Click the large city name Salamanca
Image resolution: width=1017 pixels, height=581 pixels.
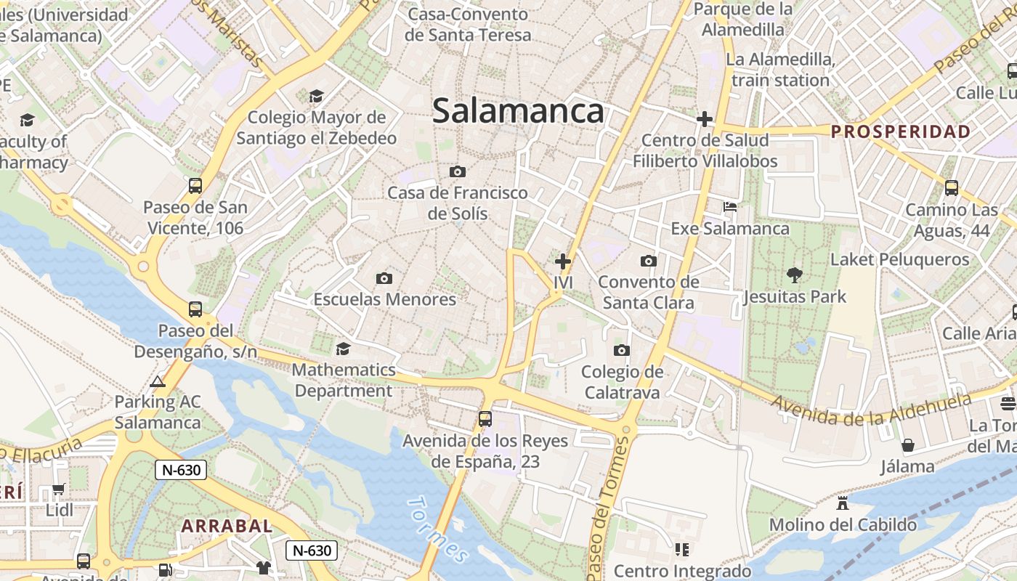tap(518, 111)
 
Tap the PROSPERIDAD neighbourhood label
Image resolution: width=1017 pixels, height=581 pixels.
tap(901, 131)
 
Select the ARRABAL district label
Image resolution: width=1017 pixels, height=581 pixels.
tap(227, 526)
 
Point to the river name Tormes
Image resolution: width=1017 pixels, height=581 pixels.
tap(437, 529)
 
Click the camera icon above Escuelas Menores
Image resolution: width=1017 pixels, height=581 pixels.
tap(384, 278)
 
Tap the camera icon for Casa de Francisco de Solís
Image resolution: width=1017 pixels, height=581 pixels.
tap(457, 172)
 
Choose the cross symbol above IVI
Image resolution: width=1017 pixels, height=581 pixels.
tap(563, 261)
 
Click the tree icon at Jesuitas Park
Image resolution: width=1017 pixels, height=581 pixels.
tap(794, 275)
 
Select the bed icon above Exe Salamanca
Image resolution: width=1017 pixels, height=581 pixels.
tap(730, 208)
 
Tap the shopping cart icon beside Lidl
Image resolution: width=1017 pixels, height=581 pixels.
tap(59, 489)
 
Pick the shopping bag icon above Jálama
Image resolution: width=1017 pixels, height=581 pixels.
tap(907, 444)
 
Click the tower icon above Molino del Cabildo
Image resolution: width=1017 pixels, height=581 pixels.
tap(843, 503)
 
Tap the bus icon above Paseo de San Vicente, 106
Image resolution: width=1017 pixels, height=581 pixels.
tap(195, 186)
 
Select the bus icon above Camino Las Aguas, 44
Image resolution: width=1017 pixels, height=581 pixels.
tap(951, 188)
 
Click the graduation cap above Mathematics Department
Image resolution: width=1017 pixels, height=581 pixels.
tap(343, 349)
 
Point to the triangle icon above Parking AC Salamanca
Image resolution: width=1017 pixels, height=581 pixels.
tap(158, 381)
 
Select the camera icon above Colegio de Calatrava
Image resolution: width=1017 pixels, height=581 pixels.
tap(621, 351)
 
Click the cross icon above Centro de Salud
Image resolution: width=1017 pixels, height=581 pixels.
tap(704, 119)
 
